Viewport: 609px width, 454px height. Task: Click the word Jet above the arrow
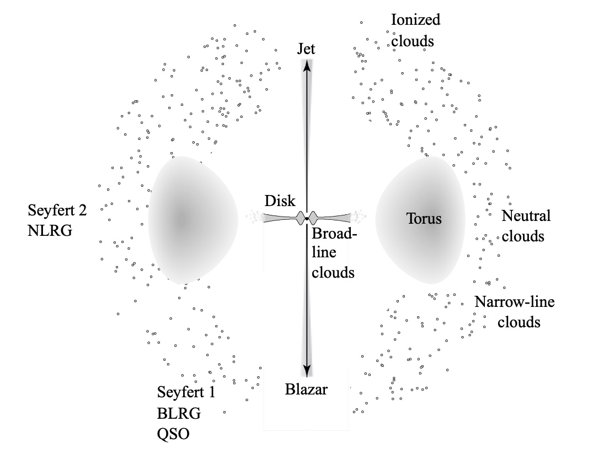[306, 48]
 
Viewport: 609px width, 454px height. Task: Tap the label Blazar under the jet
[307, 390]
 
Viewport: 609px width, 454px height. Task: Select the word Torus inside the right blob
[424, 219]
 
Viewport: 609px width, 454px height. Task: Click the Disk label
[280, 201]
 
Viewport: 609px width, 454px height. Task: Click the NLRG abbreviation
[50, 230]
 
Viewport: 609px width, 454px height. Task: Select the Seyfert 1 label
[186, 393]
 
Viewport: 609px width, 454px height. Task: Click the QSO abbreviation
[173, 434]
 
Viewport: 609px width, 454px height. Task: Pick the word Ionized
[416, 20]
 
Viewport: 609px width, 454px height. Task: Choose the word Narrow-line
[515, 301]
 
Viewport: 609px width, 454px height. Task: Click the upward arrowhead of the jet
[307, 63]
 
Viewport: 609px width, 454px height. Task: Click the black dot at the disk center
[307, 219]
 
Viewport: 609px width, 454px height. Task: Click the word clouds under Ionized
[413, 41]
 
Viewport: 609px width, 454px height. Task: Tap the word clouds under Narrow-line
[519, 322]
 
